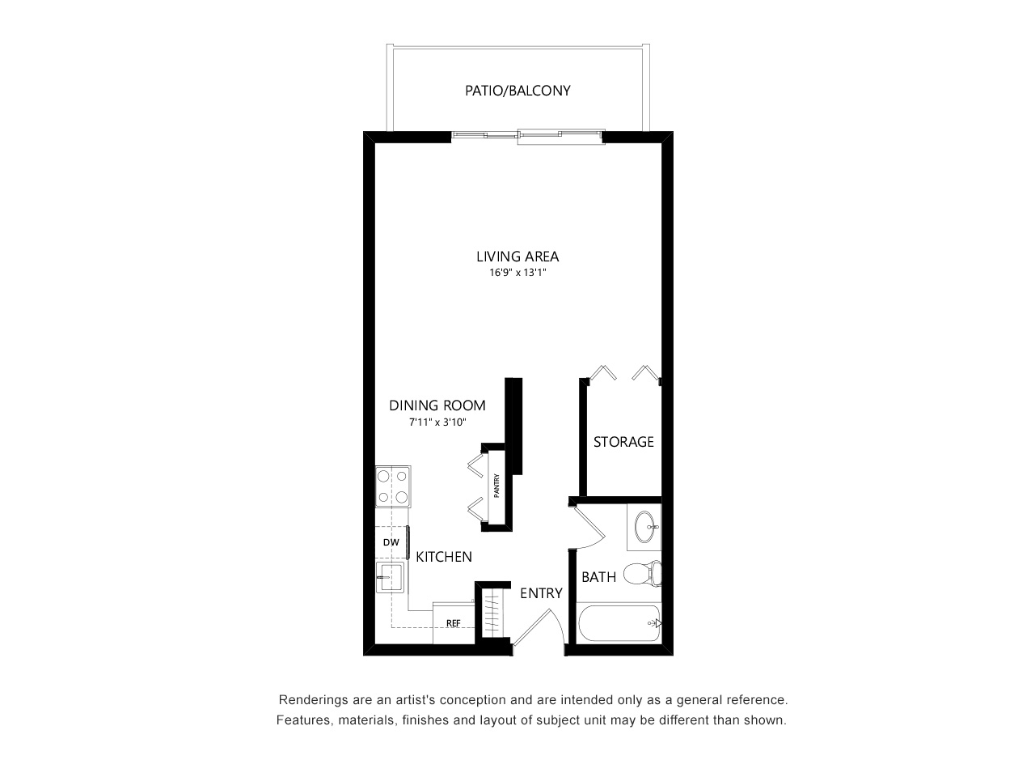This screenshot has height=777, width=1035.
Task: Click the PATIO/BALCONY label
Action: [x=517, y=91]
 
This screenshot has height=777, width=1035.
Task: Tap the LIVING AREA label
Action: [x=517, y=257]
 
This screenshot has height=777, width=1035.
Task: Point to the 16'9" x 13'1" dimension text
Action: [x=517, y=272]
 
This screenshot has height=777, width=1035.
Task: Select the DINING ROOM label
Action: [x=437, y=405]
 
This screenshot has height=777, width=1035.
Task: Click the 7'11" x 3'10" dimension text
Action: [x=437, y=422]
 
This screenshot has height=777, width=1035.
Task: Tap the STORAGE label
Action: [x=623, y=442]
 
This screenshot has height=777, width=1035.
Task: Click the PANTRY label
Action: [x=496, y=486]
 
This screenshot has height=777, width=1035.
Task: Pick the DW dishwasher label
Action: [x=391, y=542]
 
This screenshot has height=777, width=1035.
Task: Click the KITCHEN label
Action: [x=444, y=557]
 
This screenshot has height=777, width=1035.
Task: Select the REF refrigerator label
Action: [x=453, y=623]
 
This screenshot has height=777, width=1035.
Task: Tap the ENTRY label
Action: [x=541, y=593]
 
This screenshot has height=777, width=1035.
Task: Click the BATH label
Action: [x=599, y=577]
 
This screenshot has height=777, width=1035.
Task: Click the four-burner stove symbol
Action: [x=393, y=486]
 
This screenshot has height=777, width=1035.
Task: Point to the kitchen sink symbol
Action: [x=390, y=576]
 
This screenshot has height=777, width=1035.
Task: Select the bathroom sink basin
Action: [x=645, y=526]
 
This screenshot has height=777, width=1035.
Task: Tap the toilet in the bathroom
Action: [x=642, y=574]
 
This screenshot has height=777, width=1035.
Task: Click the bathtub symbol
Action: [x=619, y=623]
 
